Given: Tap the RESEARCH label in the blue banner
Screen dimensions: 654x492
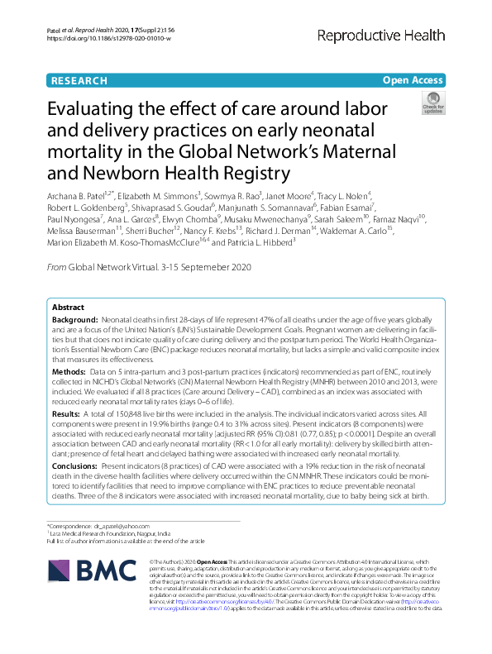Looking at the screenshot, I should [79, 80].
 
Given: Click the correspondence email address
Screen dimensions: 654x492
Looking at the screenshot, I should [122, 525].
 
